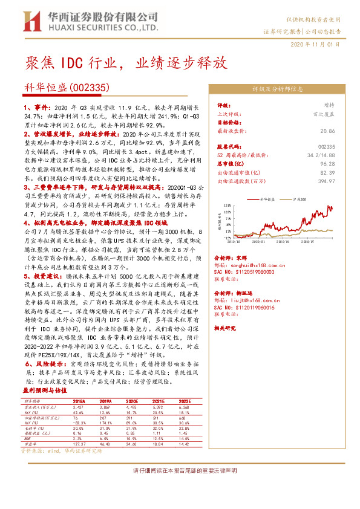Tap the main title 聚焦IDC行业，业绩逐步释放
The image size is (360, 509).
[126, 63]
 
